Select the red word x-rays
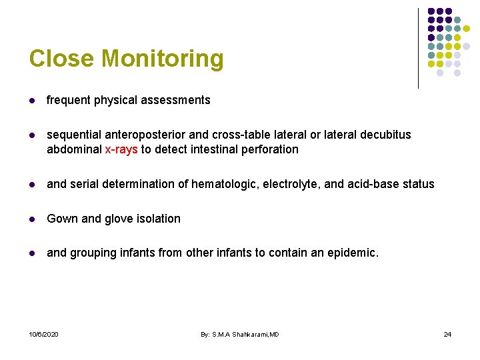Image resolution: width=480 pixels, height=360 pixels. [121, 149]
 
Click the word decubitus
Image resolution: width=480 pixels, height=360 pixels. [385, 135]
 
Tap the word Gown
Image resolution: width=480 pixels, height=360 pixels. [61, 219]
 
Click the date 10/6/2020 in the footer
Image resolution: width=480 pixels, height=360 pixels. [43, 334]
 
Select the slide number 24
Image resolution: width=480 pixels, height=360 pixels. [447, 334]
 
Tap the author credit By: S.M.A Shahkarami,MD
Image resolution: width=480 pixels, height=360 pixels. [240, 334]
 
